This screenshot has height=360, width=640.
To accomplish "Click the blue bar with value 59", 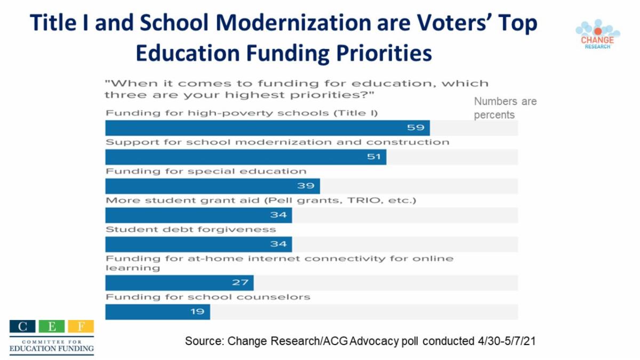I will (267, 128).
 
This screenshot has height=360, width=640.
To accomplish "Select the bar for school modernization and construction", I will (245, 157).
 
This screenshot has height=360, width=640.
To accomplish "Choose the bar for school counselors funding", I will (157, 311).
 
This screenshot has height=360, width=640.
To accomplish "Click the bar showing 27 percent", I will (179, 283).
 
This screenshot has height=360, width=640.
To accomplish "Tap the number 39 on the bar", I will (306, 186).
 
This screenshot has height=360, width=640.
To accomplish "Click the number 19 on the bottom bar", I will (197, 311).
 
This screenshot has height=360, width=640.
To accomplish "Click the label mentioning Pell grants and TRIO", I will (260, 201).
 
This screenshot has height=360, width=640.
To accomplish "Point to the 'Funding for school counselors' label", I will (208, 297).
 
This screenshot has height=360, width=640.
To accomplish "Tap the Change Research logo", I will (597, 35).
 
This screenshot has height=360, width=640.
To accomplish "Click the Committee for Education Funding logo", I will (51, 337).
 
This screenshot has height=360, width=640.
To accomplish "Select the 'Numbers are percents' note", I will (505, 108).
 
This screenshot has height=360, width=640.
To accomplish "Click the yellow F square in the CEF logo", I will (81, 326).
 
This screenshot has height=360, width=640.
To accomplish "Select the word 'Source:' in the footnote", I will (204, 341).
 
